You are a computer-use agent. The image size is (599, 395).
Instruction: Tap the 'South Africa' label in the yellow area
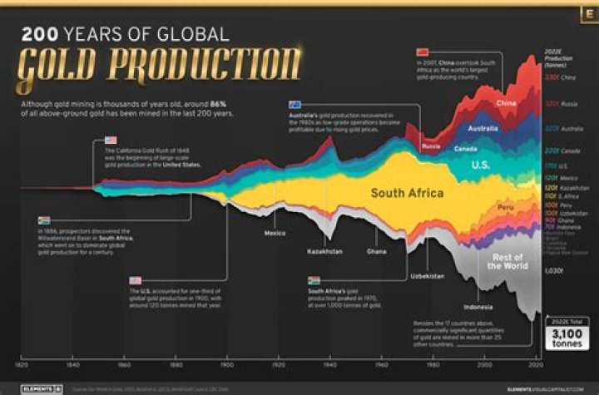pos(407,193)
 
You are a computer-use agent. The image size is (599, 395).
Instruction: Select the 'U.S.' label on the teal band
pos(480,165)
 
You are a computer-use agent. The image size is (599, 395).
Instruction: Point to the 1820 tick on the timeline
pos(22,364)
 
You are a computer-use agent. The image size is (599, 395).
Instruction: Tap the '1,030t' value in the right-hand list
pos(553,271)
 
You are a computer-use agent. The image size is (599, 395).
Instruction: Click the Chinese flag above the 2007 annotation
pos(423,52)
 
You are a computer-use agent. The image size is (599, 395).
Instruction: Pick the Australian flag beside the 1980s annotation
pos(294,105)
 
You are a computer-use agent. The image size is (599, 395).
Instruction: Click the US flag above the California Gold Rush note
pos(111,141)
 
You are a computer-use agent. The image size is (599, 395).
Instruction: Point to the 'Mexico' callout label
pos(275,233)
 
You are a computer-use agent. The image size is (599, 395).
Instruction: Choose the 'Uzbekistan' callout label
pos(427,275)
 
